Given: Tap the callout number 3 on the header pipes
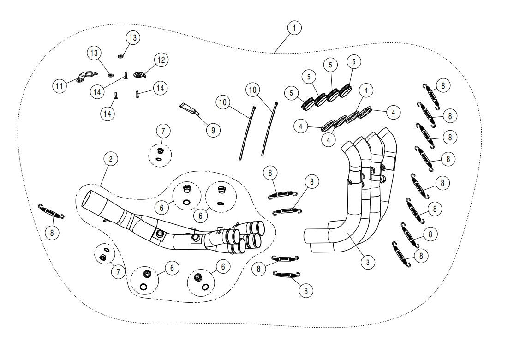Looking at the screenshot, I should pos(367,262).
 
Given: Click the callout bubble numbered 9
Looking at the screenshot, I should pos(213,130).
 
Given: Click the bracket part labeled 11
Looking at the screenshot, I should pos(87,76).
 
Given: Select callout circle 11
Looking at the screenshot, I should pos(60,86).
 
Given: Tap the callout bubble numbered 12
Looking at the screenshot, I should pos(161,60).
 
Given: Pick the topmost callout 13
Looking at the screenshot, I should pos(132,38).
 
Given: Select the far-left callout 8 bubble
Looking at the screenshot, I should pos(52,233).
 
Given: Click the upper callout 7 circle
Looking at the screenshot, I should pos(163,131).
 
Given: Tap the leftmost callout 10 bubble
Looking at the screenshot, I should pos(223,102).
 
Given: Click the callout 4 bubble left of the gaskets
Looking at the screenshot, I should pos(300,125).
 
